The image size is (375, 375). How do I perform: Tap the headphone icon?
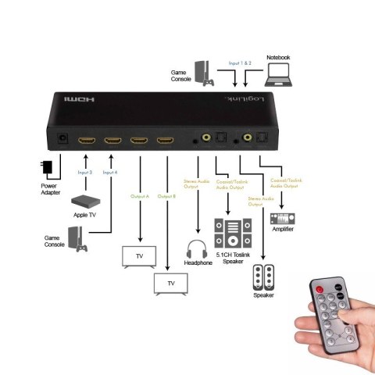tap(198, 250)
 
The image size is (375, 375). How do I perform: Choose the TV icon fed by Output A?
tap(140, 257)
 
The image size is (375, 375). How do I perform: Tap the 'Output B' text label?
tap(166, 195)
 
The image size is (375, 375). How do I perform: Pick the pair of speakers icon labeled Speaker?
tap(263, 279)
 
